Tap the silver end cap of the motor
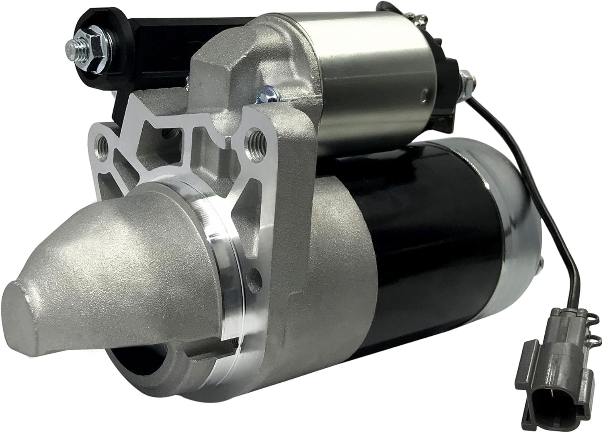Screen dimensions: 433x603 point(519,225)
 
